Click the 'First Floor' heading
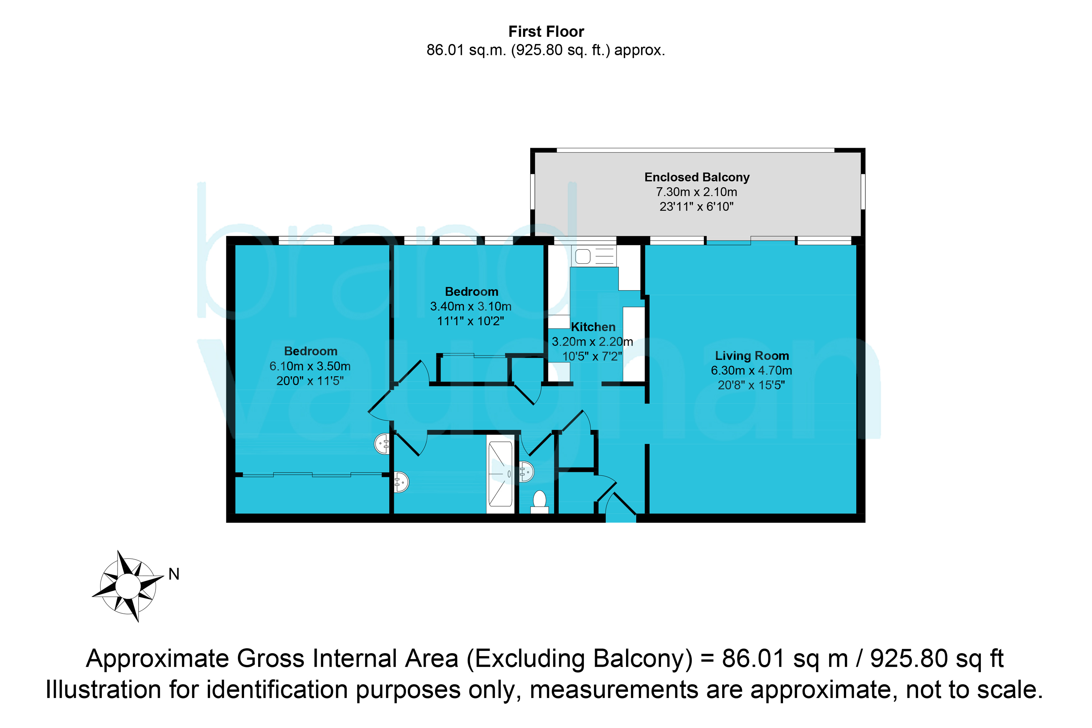(x=546, y=32)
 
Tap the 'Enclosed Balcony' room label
(x=697, y=177)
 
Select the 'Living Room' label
(x=752, y=356)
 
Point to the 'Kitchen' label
(x=593, y=327)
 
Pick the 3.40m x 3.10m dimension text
(x=471, y=306)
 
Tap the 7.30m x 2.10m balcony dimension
(x=697, y=192)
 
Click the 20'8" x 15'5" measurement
(x=751, y=385)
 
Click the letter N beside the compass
(x=174, y=574)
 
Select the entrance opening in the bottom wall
(x=621, y=518)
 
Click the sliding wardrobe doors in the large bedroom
(x=312, y=475)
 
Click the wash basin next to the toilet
(x=526, y=472)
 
